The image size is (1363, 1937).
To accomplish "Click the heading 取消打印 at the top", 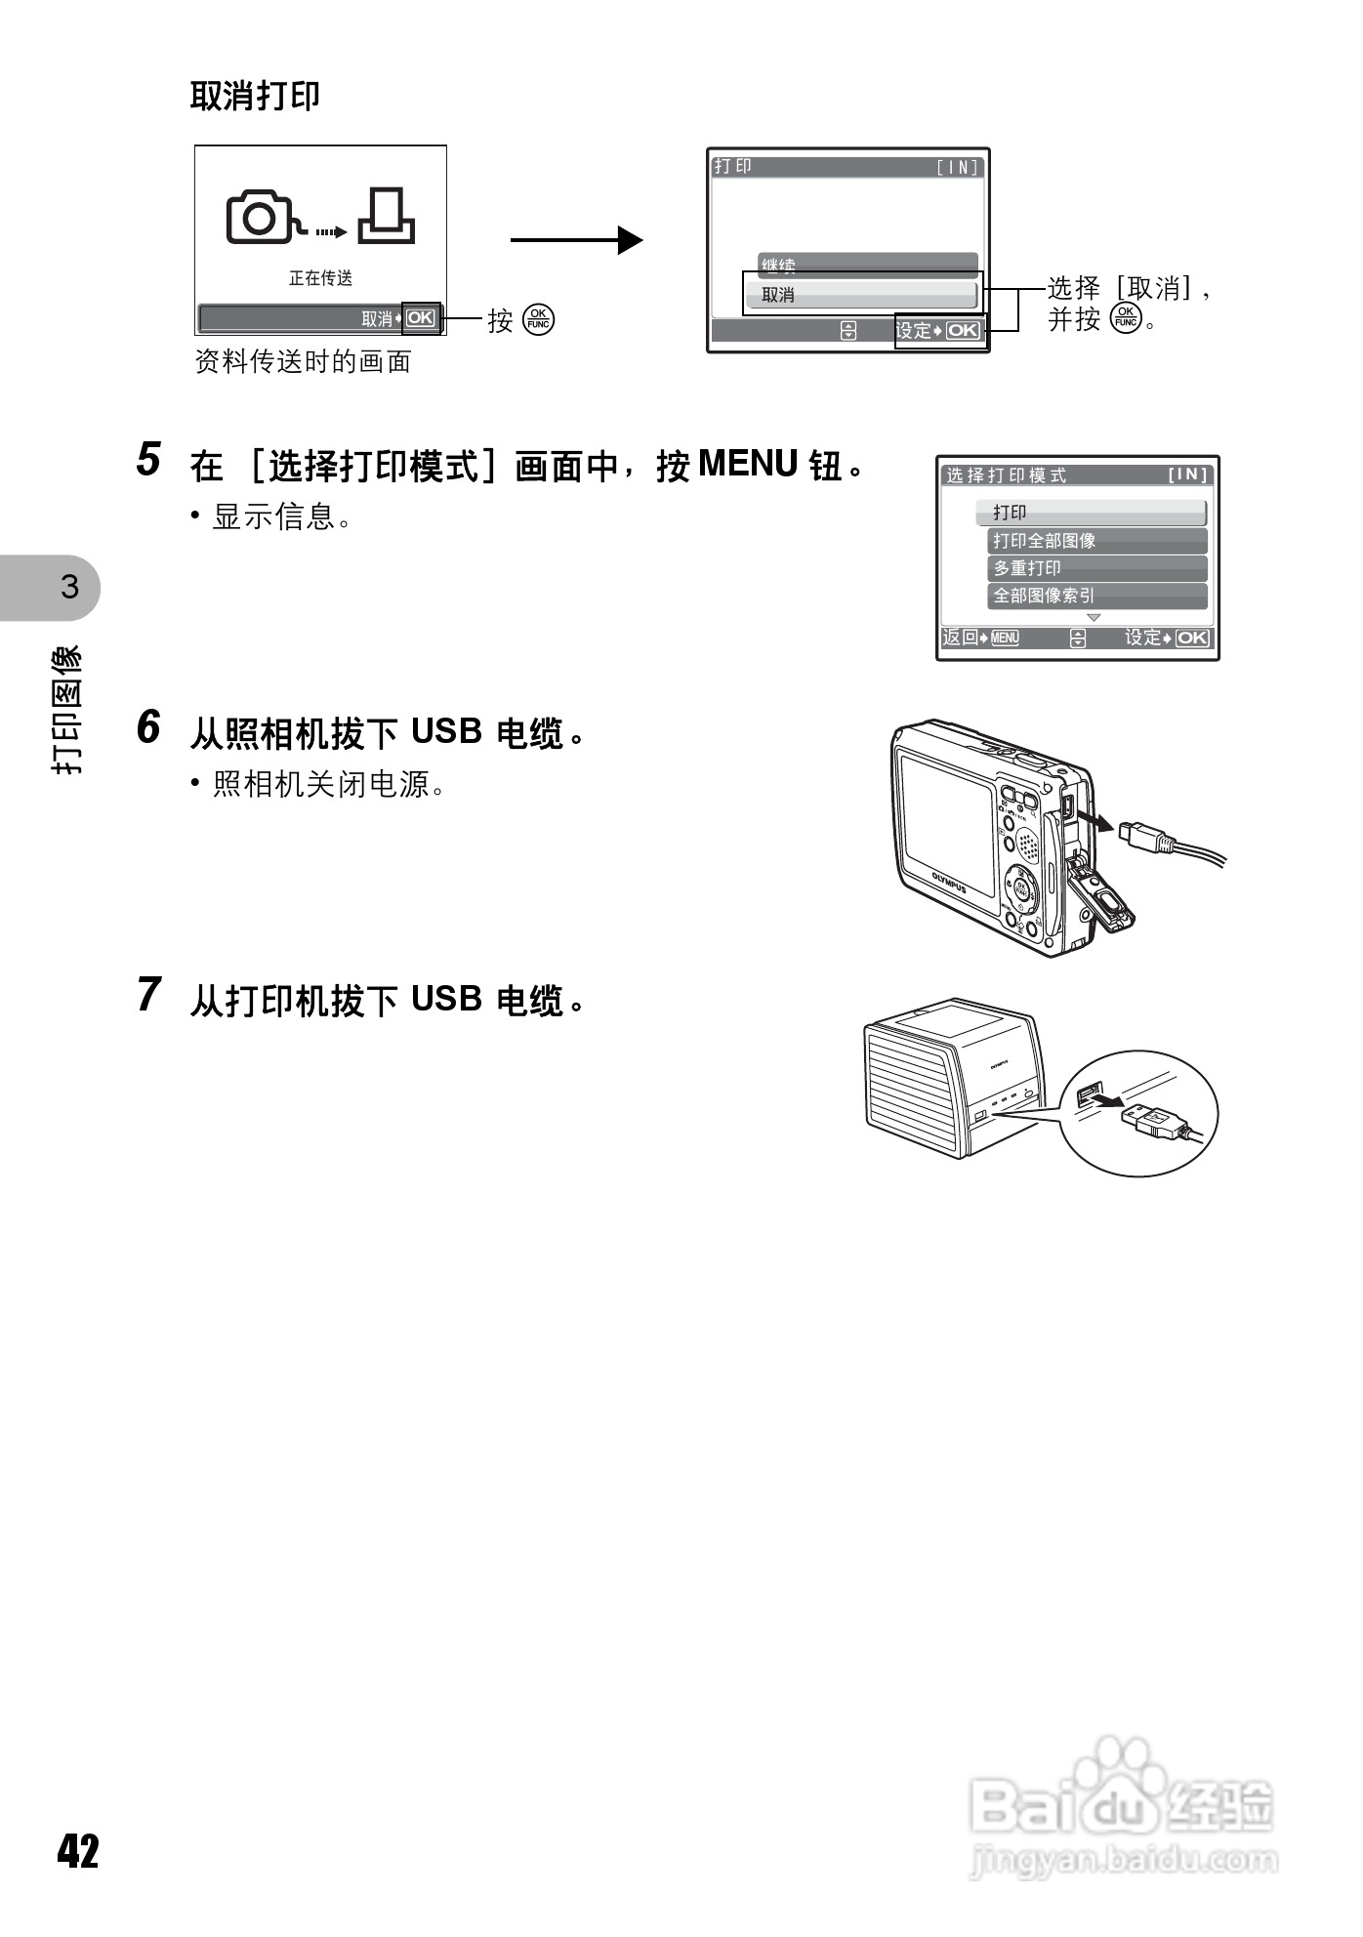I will coord(255,96).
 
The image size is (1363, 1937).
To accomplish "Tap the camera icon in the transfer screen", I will coord(260,218).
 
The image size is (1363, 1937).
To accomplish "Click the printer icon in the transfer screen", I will coord(387,216).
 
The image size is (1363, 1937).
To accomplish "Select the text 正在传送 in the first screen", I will coord(320,278).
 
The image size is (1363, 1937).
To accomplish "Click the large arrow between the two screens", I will coord(576,240).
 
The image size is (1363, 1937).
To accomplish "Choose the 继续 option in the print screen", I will coord(867,265).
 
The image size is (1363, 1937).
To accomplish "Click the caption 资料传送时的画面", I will coord(303,362).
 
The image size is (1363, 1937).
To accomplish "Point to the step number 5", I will coord(148,459).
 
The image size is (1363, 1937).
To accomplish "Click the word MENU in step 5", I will coord(749,464).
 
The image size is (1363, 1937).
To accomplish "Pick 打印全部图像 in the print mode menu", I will coord(1097,541).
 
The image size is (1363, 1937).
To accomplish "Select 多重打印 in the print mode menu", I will coord(1097,568).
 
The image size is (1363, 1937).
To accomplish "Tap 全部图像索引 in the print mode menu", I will coord(1097,596).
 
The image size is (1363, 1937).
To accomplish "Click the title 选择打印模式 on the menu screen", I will coord(1006,475).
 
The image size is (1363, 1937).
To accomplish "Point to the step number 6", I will coord(148,727).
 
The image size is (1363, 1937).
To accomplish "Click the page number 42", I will coord(78,1850).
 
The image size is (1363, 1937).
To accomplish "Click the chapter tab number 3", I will coord(69,588).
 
